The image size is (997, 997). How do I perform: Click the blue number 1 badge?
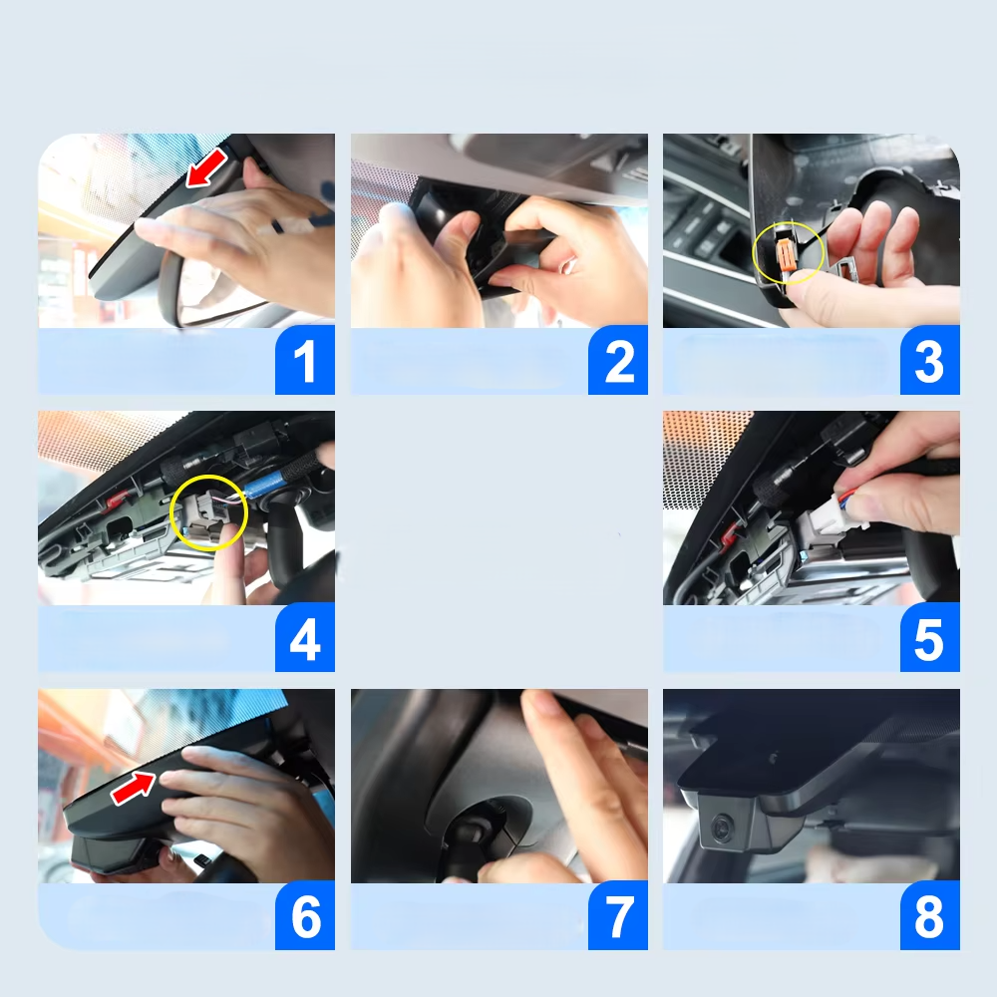(x=304, y=360)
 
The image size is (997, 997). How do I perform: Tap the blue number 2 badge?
(x=618, y=360)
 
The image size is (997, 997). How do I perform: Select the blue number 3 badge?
(x=929, y=360)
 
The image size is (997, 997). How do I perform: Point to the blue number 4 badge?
(x=304, y=637)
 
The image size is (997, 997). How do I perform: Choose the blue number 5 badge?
(x=929, y=637)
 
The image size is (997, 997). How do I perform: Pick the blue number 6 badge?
(x=304, y=915)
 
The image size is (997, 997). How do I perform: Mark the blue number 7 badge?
(x=618, y=915)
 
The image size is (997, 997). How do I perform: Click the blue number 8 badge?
(x=929, y=915)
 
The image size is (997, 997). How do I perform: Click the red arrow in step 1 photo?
(x=207, y=167)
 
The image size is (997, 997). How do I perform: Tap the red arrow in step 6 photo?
(x=134, y=788)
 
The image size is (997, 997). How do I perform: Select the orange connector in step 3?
(x=786, y=253)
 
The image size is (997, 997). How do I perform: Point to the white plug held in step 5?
(x=825, y=513)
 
